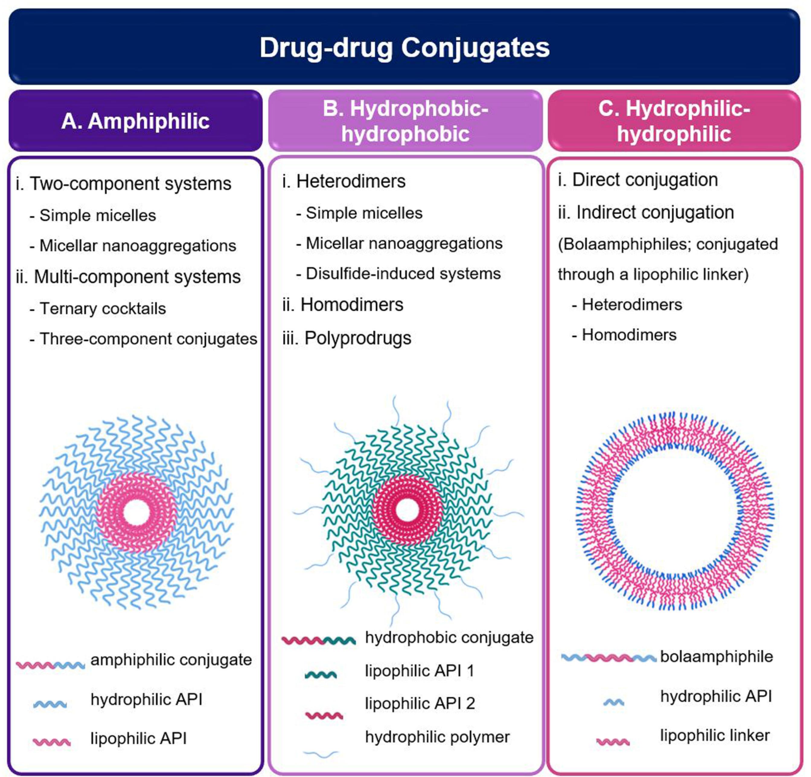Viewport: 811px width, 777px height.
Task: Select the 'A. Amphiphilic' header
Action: (135, 121)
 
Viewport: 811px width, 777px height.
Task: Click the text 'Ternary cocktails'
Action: (103, 309)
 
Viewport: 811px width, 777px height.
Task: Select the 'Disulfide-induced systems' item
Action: (403, 273)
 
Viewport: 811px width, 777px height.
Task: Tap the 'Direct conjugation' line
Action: (644, 180)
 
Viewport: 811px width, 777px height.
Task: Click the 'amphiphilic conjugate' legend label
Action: (171, 660)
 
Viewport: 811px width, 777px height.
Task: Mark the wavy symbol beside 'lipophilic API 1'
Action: (321, 675)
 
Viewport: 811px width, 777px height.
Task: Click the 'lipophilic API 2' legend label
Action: (420, 703)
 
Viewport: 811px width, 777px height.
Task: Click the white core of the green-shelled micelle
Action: (407, 510)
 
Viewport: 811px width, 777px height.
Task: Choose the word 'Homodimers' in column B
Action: (351, 305)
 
